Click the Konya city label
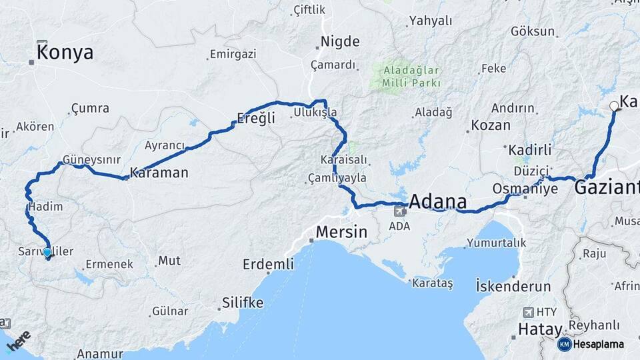point(65,53)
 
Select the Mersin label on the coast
point(341,233)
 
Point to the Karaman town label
point(159,173)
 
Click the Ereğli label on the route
point(256,119)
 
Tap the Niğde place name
point(340,41)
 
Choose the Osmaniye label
point(525,189)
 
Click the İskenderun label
point(513,287)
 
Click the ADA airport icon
point(400,212)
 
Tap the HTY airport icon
point(529,312)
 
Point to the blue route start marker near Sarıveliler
point(47,253)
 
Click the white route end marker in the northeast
point(614,105)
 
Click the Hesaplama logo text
point(598,345)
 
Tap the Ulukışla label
point(315,113)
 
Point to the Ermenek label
point(109,264)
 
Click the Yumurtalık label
point(497,243)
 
